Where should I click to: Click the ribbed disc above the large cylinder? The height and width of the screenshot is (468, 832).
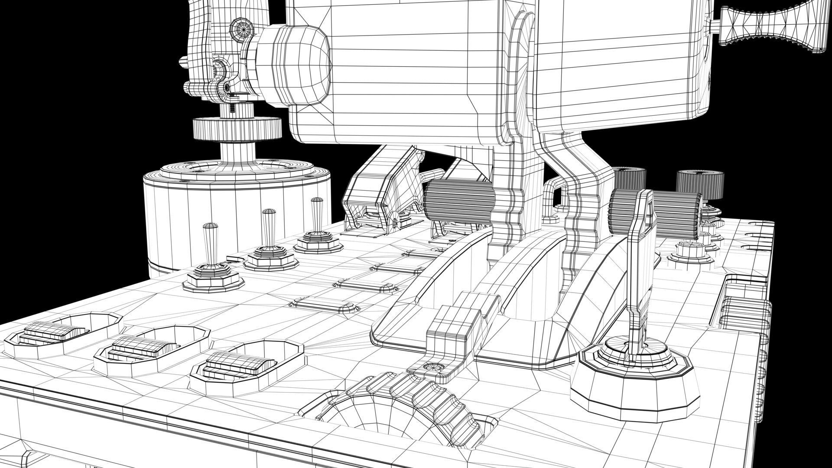(x=237, y=129)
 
